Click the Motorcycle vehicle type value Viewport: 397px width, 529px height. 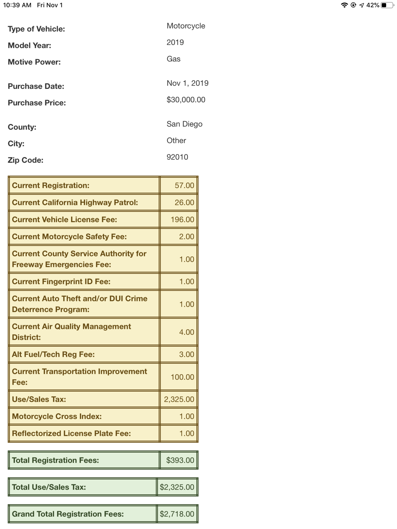[186, 26]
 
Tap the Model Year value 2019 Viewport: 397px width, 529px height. [175, 42]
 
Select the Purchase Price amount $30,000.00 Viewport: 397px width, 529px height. [186, 100]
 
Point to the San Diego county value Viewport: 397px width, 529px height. [184, 124]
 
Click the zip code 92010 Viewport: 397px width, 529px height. [177, 157]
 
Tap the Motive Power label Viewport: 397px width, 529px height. [34, 62]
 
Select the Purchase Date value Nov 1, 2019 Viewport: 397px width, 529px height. [187, 83]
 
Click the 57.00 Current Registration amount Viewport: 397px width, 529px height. [184, 185]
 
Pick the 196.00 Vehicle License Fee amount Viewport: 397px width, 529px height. [182, 220]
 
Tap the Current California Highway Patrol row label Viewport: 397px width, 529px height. [75, 203]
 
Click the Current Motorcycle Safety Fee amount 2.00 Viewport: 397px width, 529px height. [186, 236]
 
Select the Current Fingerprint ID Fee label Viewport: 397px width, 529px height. [61, 281]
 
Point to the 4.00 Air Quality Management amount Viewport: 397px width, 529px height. [186, 332]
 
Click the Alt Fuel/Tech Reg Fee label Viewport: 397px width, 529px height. [53, 354]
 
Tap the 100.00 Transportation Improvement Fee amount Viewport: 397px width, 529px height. [182, 377]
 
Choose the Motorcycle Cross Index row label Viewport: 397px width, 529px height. [57, 416]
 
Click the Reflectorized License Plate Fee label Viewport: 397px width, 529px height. [71, 433]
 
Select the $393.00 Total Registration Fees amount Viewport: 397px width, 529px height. [180, 460]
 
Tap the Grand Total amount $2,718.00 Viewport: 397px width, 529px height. [177, 514]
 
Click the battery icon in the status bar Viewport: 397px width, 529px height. [387, 5]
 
